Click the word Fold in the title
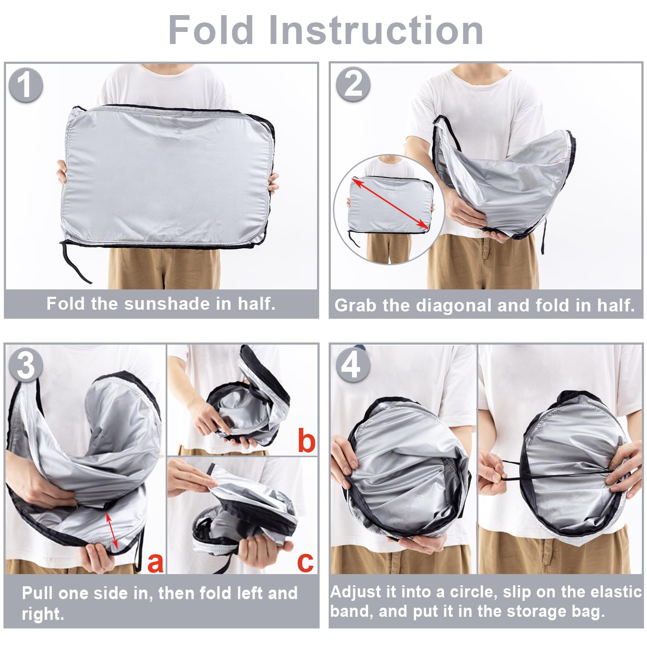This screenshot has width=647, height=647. click(211, 30)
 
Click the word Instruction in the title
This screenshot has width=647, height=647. click(376, 30)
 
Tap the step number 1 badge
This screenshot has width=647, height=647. click(25, 85)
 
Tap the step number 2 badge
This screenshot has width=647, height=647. click(353, 84)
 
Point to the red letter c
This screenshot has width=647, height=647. click(305, 562)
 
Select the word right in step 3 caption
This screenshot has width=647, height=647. click(42, 614)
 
